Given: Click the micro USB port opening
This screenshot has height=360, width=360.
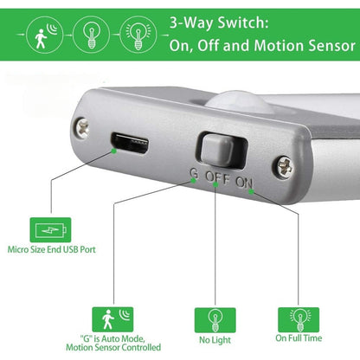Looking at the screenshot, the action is [130, 143].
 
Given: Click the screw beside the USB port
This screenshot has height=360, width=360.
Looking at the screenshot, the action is [82, 128].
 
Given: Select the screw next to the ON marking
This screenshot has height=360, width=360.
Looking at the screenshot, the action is [286, 167].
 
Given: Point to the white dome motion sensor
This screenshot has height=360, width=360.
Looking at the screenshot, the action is [236, 102].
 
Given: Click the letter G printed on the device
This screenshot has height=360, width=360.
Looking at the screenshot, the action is [194, 173].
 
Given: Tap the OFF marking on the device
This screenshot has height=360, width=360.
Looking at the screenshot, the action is [217, 177].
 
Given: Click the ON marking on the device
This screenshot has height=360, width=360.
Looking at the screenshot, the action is [244, 183].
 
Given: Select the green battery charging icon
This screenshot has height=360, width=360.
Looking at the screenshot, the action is [50, 230].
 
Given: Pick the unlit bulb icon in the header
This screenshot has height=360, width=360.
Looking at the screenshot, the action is [91, 35].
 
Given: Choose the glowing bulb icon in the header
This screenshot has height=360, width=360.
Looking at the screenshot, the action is [138, 35].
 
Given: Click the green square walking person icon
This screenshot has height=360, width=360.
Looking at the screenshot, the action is [112, 319].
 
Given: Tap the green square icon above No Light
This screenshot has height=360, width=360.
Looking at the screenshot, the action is [215, 320].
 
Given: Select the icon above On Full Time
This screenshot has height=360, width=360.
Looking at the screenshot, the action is [299, 320].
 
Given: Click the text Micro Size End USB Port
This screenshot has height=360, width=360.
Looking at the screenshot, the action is [51, 249].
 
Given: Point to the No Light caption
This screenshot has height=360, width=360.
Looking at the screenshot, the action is [215, 340].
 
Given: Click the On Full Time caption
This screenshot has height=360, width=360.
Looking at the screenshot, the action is [299, 338].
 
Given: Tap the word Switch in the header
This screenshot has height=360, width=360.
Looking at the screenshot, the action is [243, 23].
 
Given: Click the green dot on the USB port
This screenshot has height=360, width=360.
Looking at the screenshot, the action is [113, 151].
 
